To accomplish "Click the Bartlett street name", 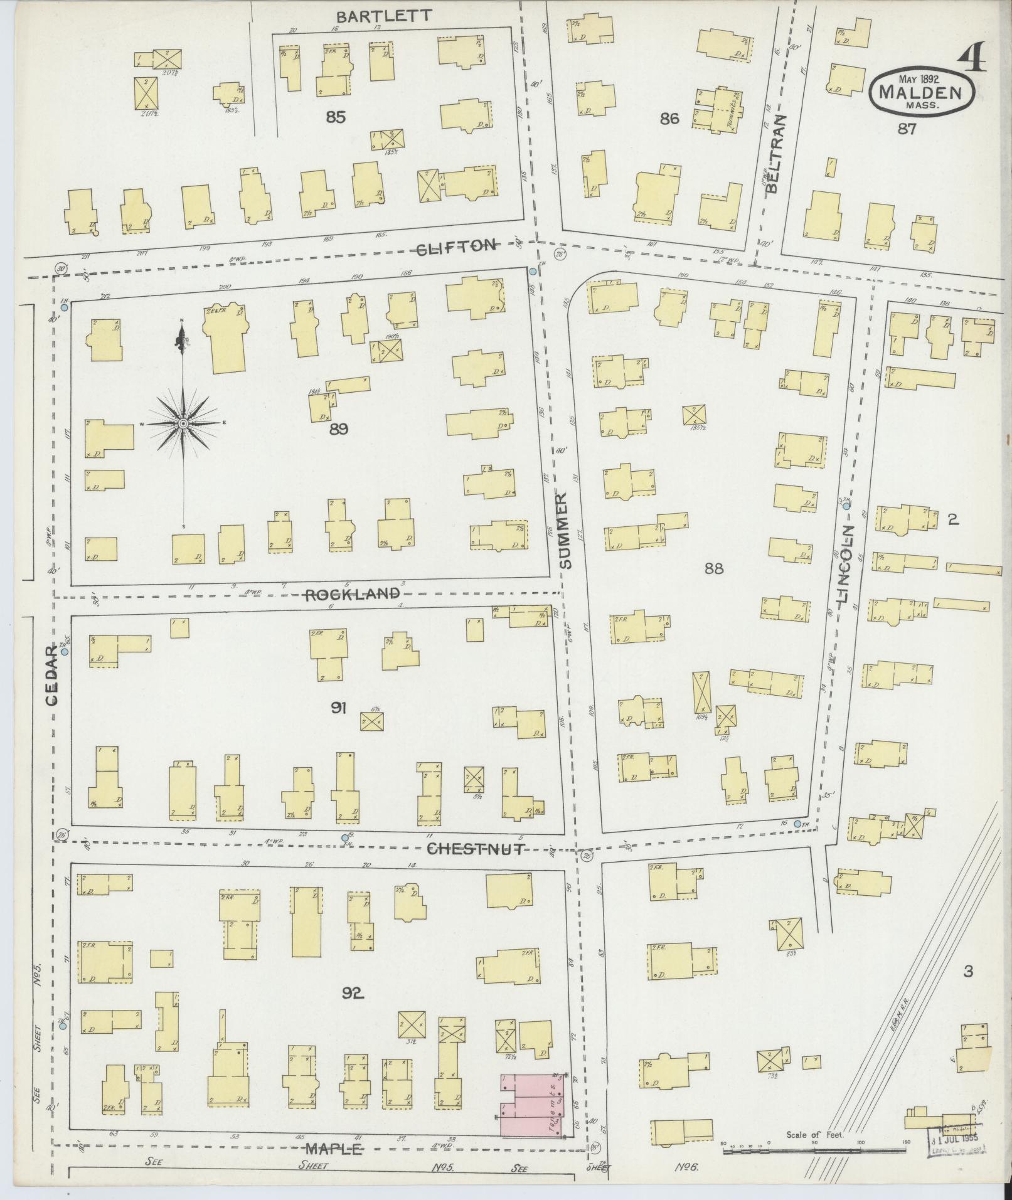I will point(383,16).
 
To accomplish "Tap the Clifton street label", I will point(457,247).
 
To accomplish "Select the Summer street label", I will point(565,530).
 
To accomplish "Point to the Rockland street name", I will point(352,594).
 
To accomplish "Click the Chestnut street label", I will point(475,849).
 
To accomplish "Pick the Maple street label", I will point(334,1149).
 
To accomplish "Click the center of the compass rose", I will point(183,425).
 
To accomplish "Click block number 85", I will point(336,117).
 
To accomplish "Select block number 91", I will point(339,708).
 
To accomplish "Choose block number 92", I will point(353,992).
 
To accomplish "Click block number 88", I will point(713,568).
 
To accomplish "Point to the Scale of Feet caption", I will point(816,1134).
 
